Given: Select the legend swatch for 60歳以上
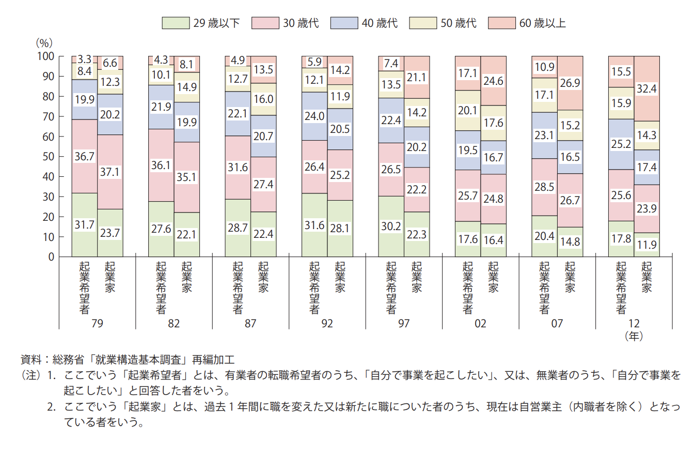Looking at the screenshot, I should [498, 23].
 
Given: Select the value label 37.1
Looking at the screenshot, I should [110, 172].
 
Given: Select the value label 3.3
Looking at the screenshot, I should [84, 59].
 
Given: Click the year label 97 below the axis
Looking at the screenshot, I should [404, 324].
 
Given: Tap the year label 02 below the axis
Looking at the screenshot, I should [480, 324].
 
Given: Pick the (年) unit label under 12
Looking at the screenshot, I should [634, 336].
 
